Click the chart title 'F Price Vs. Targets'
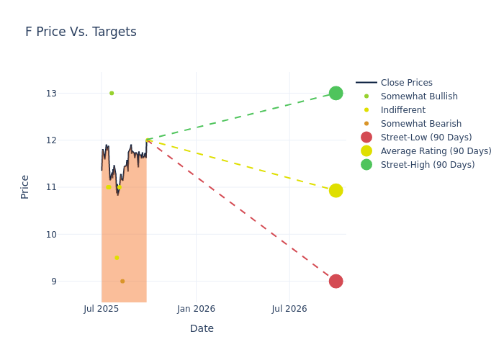click(81, 32)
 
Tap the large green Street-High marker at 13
click(336, 93)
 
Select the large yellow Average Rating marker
click(336, 190)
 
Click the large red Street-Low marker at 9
click(336, 281)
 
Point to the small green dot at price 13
click(112, 93)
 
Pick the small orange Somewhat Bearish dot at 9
click(122, 281)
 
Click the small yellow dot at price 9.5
click(117, 258)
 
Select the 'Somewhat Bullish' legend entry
click(419, 96)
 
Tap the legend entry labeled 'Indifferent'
click(402, 110)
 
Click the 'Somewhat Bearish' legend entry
click(420, 124)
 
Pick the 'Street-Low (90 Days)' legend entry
click(426, 138)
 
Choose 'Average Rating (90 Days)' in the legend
click(436, 151)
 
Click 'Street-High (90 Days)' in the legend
click(428, 165)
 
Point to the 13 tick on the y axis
click(71, 93)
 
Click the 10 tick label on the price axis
click(71, 234)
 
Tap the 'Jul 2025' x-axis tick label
click(102, 309)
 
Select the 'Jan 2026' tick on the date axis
click(196, 309)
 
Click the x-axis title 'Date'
click(202, 328)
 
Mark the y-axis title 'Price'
click(25, 186)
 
